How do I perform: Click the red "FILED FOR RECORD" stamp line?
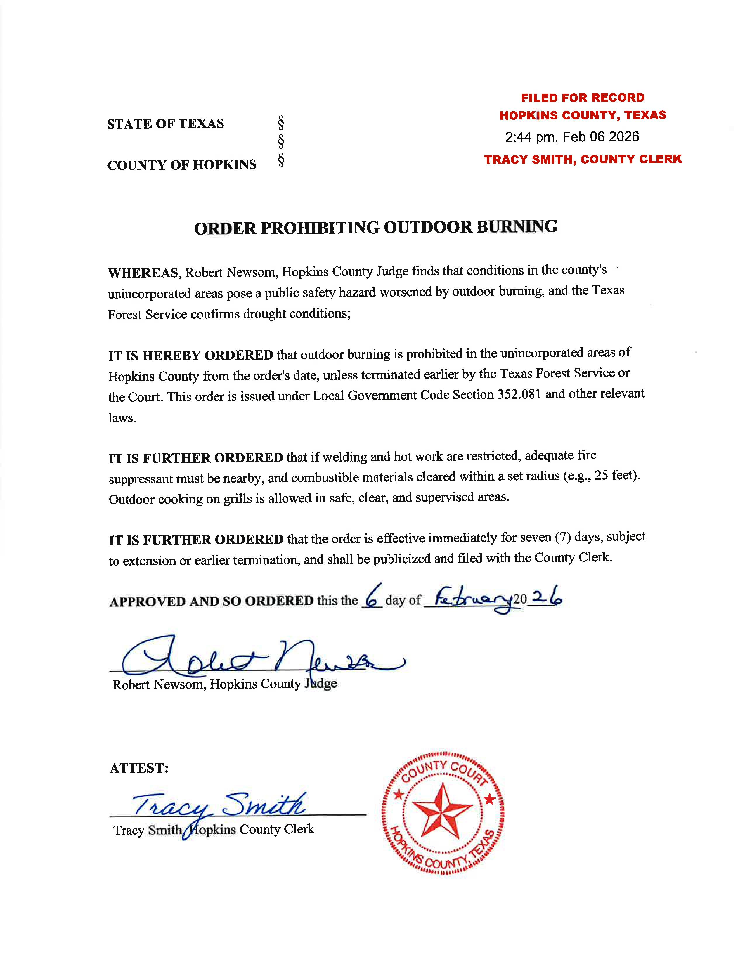point(583,98)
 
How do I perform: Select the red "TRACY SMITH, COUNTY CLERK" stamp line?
point(583,159)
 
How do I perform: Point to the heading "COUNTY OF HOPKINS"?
point(181,165)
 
